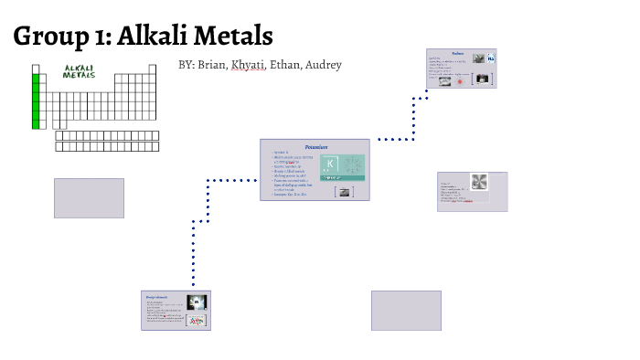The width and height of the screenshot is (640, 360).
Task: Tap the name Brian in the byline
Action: [x=214, y=65]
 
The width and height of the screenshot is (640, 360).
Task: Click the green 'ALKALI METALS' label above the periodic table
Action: [x=80, y=71]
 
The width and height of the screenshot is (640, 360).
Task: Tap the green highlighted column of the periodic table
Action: [x=37, y=101]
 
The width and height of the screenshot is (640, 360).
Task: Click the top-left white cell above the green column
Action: [x=37, y=69]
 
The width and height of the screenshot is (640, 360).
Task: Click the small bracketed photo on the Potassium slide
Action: [x=344, y=191]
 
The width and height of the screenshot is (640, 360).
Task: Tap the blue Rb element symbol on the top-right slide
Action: [x=491, y=59]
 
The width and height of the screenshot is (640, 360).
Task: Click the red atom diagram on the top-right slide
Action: [x=460, y=80]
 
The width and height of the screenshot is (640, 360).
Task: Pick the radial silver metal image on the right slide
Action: [x=479, y=182]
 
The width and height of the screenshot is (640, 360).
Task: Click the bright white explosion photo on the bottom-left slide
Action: [x=195, y=302]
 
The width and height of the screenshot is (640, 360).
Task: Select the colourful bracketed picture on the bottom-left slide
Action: [x=195, y=320]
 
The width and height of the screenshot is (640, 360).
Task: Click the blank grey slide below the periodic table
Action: [x=89, y=198]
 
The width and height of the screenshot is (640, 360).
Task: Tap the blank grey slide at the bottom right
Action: [x=406, y=310]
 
